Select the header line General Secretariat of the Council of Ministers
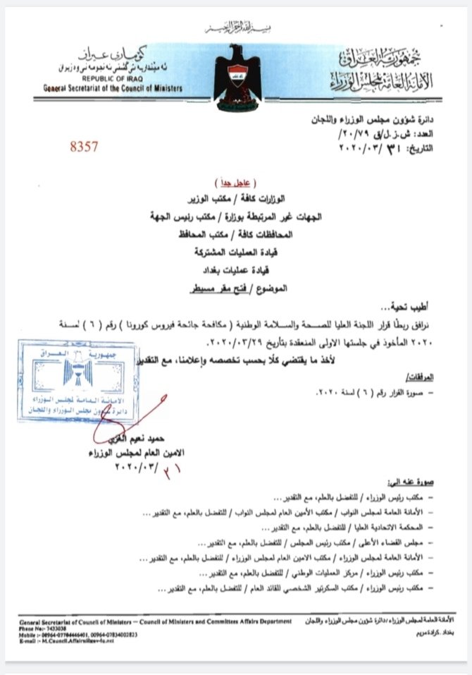(112, 88)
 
